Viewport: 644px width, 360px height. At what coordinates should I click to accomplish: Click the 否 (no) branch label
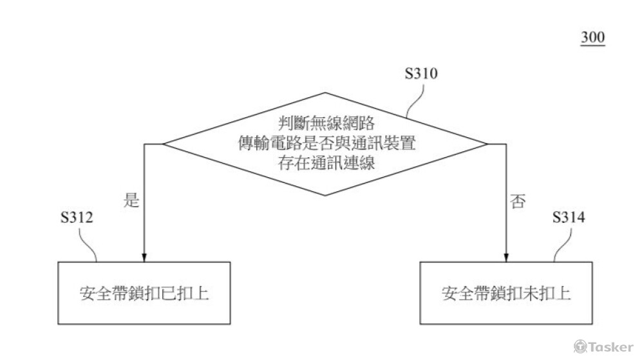tap(517, 202)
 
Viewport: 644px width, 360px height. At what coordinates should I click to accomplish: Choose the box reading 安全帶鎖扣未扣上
tap(507, 293)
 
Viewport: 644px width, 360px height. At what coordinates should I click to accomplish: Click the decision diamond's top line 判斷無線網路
tap(325, 122)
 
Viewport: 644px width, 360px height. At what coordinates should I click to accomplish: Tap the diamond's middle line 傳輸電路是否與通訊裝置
tap(325, 143)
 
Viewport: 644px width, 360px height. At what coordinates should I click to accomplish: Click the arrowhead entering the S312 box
tap(144, 256)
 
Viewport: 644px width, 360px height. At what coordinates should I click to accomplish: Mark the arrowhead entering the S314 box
tap(506, 256)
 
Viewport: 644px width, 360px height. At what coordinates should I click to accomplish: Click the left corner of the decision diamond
tap(162, 144)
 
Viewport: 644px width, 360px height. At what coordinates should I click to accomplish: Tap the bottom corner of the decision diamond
tap(325, 195)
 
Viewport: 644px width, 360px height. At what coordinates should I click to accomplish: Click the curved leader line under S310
tap(415, 100)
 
